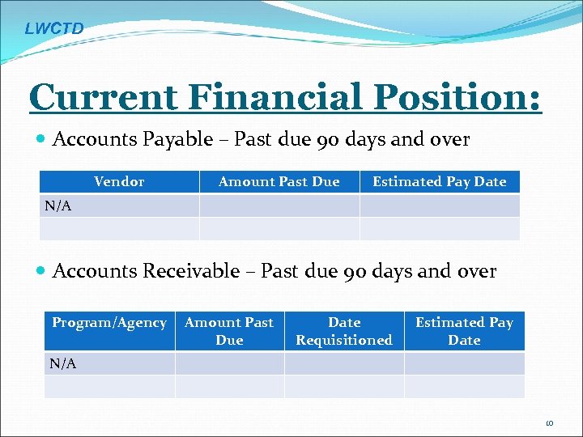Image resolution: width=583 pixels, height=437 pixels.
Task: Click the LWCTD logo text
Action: coord(53,29)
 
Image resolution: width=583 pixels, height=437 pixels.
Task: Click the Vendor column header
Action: coord(119,181)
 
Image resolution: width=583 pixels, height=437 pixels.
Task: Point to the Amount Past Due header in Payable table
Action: coord(279,181)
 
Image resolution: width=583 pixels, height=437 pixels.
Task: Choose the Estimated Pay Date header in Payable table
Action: coord(439,181)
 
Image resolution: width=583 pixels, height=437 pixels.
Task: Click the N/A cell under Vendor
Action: coord(58,206)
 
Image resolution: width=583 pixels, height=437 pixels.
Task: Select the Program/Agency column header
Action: coord(109,322)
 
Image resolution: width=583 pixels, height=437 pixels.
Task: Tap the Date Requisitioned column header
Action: coord(344,331)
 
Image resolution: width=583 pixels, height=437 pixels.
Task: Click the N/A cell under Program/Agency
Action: coord(63,363)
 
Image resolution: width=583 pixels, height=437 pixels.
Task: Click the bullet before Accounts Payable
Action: coord(41,140)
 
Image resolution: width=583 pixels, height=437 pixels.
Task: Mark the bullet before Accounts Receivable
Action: coord(41,272)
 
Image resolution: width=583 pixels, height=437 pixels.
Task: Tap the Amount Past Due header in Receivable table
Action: coord(229,331)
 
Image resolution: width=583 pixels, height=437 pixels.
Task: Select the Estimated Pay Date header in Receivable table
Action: coord(464,331)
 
